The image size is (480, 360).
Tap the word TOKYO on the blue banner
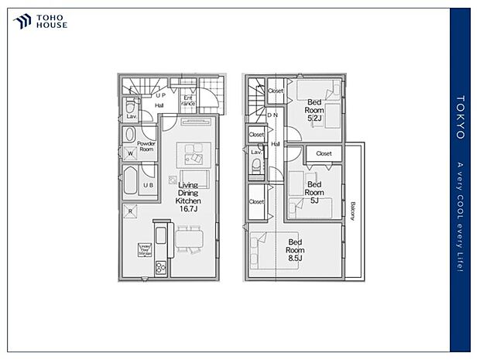[x=460, y=118]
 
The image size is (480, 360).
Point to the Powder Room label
[x=147, y=146]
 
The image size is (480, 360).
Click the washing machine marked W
[x=129, y=153]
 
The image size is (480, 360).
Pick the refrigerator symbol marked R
[x=131, y=211]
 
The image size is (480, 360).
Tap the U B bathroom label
[x=147, y=185]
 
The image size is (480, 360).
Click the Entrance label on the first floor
[x=188, y=101]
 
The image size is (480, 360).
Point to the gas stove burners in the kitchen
[x=161, y=269]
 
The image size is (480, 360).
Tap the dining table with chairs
[x=190, y=239]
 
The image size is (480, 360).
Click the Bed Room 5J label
[x=314, y=193]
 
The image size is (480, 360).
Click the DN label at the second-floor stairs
[x=272, y=115]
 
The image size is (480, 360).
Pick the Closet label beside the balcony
[x=324, y=153]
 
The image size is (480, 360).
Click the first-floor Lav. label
[x=132, y=116]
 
